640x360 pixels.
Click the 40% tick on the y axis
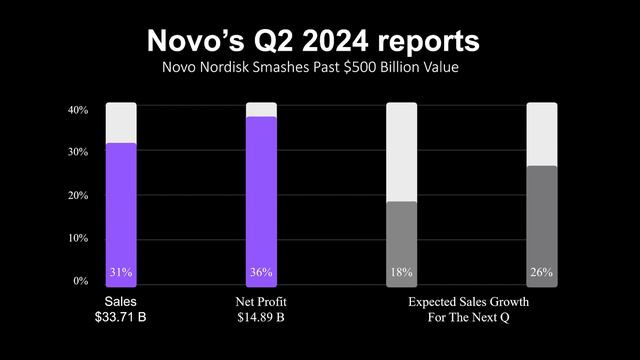pyautogui.click(x=78, y=109)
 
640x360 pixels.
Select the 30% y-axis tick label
pyautogui.click(x=78, y=152)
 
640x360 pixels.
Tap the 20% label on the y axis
pyautogui.click(x=78, y=195)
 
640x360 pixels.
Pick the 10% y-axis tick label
pyautogui.click(x=78, y=238)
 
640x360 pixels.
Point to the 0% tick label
pyautogui.click(x=81, y=281)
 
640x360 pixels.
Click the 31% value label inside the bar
pyautogui.click(x=121, y=272)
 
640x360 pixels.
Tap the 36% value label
pyautogui.click(x=261, y=272)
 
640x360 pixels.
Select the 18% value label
pyautogui.click(x=401, y=272)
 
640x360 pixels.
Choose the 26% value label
pyautogui.click(x=541, y=272)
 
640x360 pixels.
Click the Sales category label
pyautogui.click(x=121, y=300)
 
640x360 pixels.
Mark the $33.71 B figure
pyautogui.click(x=121, y=317)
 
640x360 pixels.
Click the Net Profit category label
pyautogui.click(x=261, y=300)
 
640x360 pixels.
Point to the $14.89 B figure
pyautogui.click(x=261, y=317)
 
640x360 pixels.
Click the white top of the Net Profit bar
pyautogui.click(x=261, y=109)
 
